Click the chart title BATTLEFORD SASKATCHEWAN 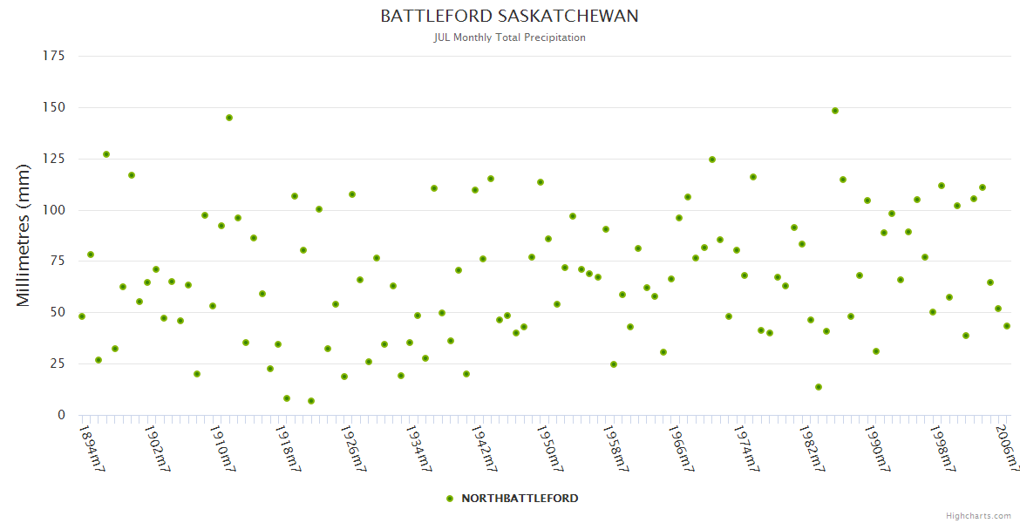point(509,16)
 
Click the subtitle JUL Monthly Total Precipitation point(509,37)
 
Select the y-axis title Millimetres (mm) point(24,235)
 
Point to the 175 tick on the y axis point(54,56)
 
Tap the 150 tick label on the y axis point(54,107)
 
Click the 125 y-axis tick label point(54,159)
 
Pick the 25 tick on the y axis point(58,363)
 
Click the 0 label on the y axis point(61,415)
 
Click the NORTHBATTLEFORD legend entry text point(520,499)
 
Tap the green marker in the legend point(450,499)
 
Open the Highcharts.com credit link point(978,516)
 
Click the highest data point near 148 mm point(835,111)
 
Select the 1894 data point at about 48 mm point(82,316)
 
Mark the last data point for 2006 point(1007,326)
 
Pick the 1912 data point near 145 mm point(229,118)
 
